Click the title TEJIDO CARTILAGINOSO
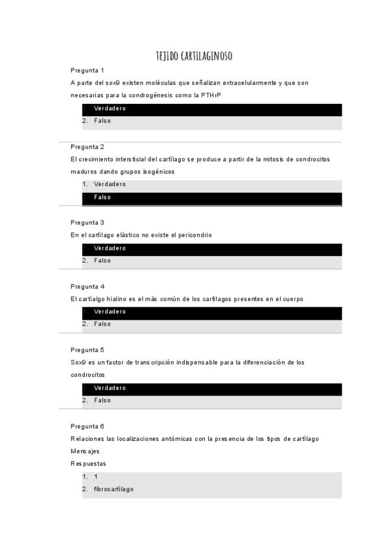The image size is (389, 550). coord(194,56)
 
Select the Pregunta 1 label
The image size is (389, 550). coord(88,70)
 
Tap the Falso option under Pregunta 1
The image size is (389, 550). coord(102,121)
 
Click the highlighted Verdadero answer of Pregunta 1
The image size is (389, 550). coord(110,108)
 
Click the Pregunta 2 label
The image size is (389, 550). coord(88,147)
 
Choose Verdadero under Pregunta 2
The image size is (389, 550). coord(110,184)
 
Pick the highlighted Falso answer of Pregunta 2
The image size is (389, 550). coord(102,197)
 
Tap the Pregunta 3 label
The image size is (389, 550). coord(88,222)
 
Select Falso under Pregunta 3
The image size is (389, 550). coord(102,261)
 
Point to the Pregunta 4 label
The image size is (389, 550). coord(88,286)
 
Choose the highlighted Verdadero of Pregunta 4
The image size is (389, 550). coord(110,311)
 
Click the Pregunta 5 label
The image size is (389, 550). coord(88,350)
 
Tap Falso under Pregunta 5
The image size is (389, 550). coord(102,400)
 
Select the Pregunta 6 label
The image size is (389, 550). coord(88,426)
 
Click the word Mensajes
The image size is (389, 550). coord(85,451)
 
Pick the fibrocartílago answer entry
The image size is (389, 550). coord(113,489)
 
